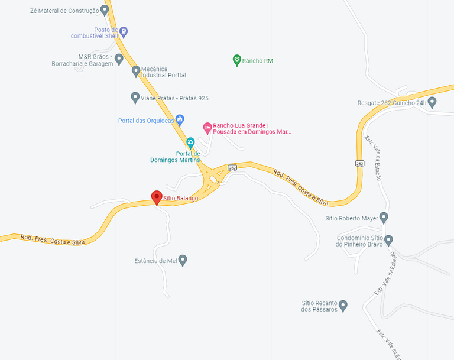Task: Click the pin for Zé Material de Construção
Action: coord(105,9)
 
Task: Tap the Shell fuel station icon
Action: coord(123,31)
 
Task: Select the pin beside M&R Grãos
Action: coord(119,59)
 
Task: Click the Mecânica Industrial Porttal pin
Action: coord(136,71)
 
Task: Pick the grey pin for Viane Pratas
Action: coord(135,97)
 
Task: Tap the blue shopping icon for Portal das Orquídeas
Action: coord(180,120)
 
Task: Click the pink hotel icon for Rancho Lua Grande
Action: coord(207,127)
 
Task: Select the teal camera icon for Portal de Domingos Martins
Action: coord(190,142)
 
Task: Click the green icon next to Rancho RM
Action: coord(237,60)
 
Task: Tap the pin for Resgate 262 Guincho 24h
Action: coord(432,102)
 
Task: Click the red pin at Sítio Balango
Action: coord(157,197)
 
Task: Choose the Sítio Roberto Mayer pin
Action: coord(384,218)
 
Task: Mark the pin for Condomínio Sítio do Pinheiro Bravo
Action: coord(388,240)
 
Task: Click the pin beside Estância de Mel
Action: coord(183,260)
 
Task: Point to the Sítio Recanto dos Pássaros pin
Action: coord(343,305)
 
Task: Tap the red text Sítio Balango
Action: coord(181,199)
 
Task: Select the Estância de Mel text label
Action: coord(155,261)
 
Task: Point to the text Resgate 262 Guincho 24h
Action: coord(391,103)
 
